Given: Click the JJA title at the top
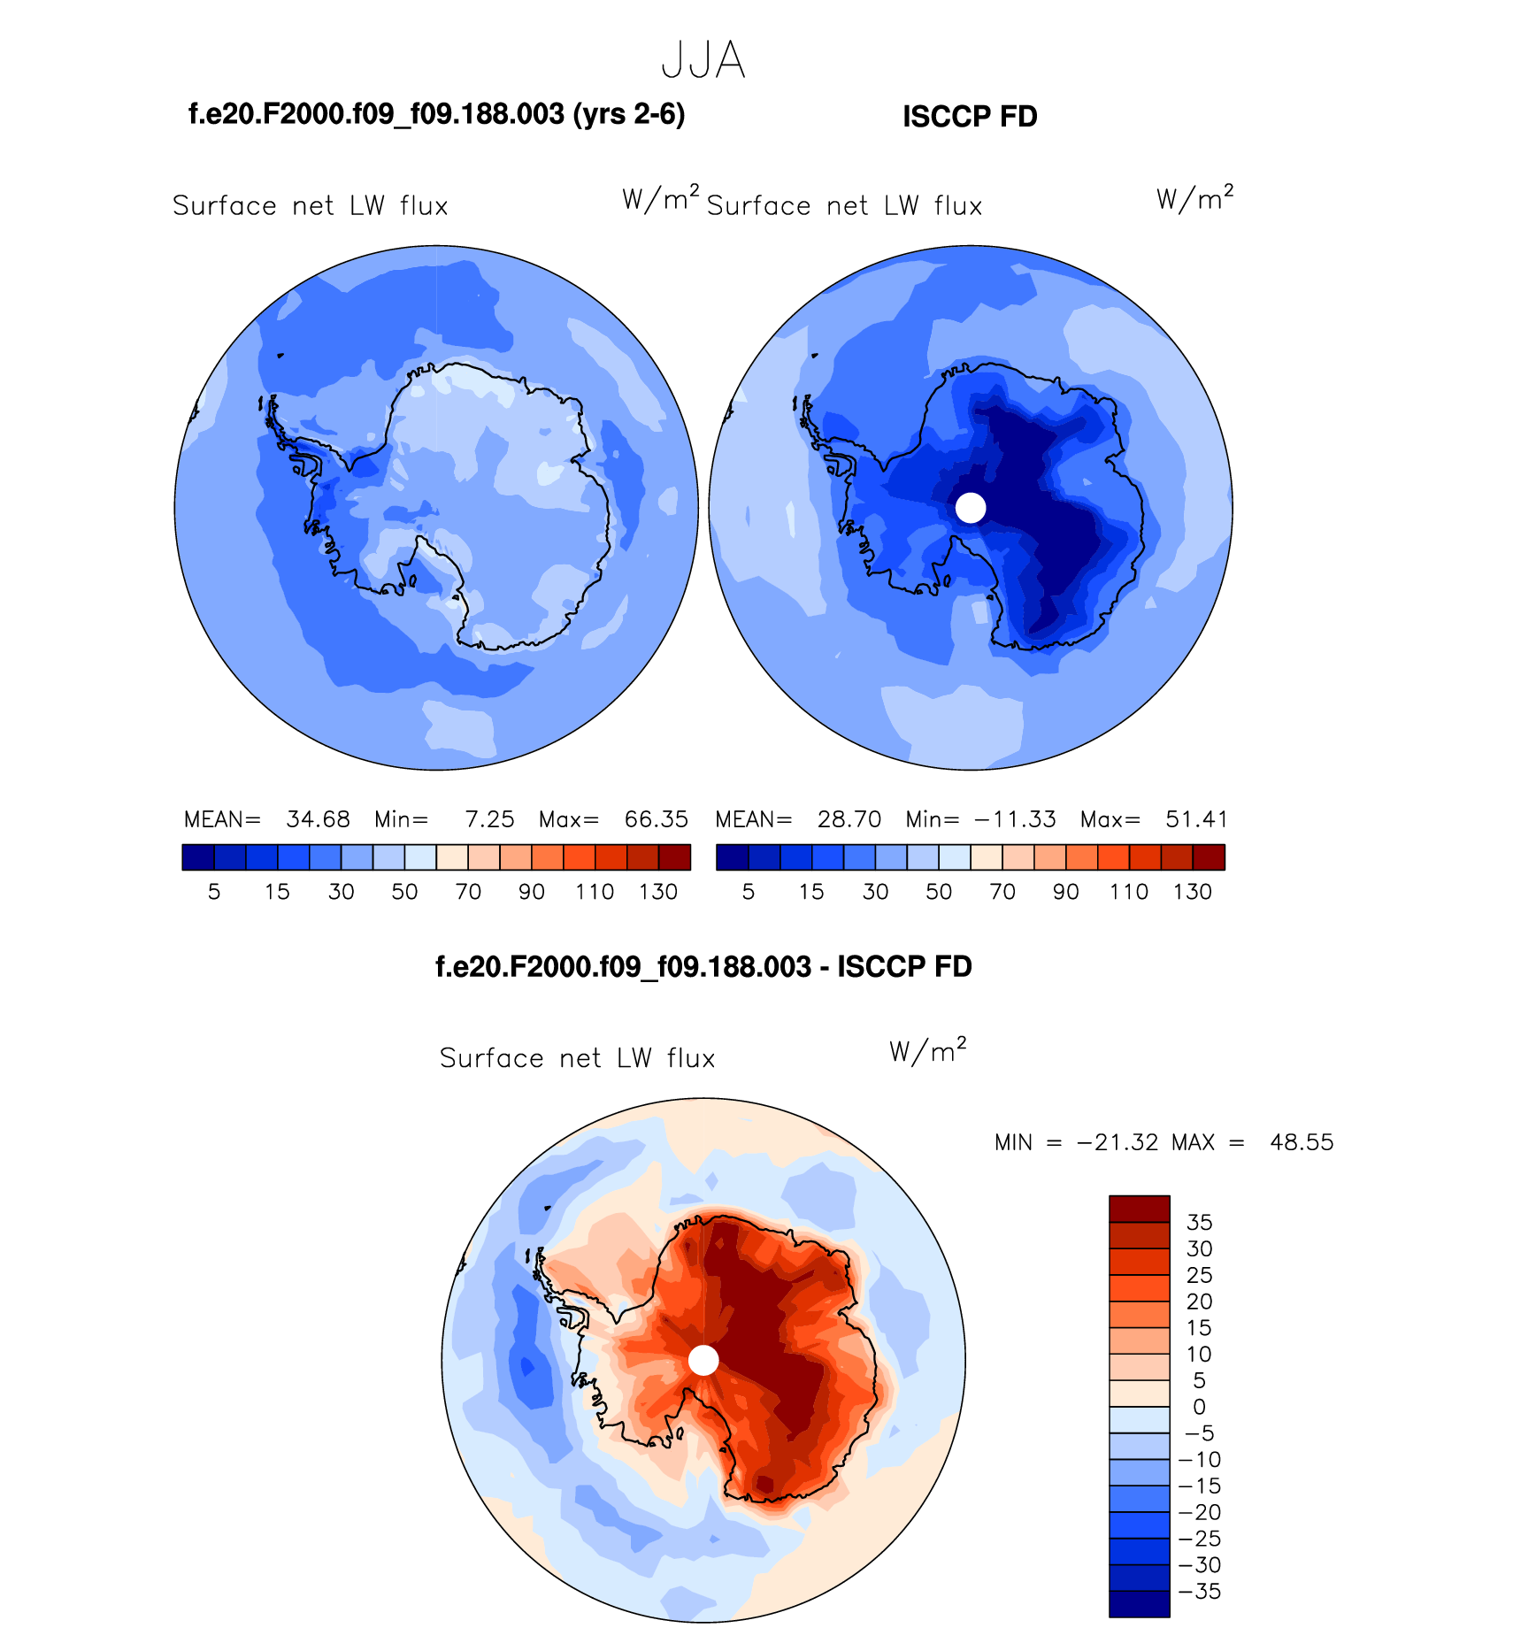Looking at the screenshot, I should click(703, 61).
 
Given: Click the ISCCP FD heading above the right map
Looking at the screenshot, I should click(970, 117).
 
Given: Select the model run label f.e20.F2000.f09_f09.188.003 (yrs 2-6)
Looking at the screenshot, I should click(437, 114).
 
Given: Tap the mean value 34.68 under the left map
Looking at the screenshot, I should click(318, 819).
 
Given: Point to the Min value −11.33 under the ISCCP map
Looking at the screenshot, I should click(1015, 819).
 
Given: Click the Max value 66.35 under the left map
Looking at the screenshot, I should click(656, 819).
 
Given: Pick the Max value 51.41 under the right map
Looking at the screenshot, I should click(1196, 819).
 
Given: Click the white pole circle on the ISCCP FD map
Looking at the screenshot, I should click(971, 508).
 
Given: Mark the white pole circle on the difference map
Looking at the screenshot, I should click(703, 1360).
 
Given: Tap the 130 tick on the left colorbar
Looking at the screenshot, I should click(658, 892).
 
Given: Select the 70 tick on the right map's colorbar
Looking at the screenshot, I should click(1002, 892).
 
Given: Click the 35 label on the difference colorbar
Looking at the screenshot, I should click(1199, 1223).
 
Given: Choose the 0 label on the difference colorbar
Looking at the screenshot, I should click(1199, 1407).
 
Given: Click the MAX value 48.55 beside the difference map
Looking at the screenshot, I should click(1302, 1142).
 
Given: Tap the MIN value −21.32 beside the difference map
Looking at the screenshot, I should click(1117, 1142).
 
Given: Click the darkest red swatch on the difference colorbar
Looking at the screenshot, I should click(1140, 1209).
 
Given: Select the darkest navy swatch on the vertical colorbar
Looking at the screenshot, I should click(1140, 1604).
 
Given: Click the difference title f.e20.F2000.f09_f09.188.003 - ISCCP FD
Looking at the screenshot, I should click(703, 967).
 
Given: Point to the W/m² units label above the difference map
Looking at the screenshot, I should click(927, 1050).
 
